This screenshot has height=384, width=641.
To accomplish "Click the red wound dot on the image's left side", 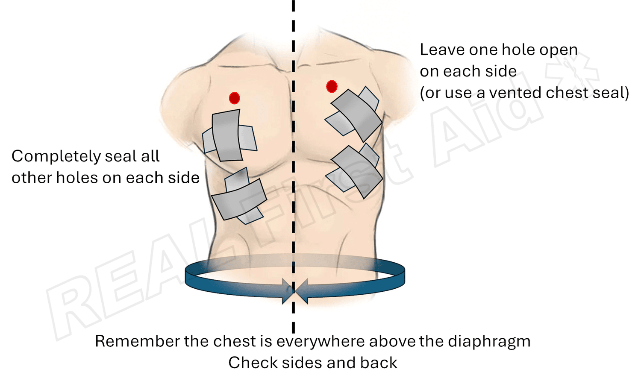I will point(234,98).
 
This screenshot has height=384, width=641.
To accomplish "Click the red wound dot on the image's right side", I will point(332,86).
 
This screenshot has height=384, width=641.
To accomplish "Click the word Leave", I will point(442,50).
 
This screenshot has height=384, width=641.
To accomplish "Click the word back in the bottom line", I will point(379,363).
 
